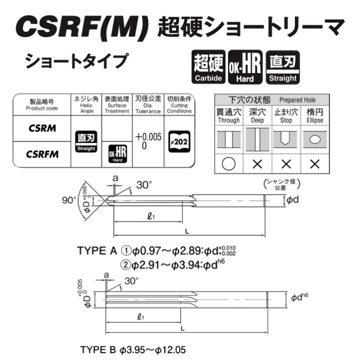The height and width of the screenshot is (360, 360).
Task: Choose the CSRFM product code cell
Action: tap(42, 154)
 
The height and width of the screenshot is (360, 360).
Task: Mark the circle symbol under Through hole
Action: tap(228, 163)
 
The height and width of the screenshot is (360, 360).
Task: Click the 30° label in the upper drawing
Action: tap(143, 185)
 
